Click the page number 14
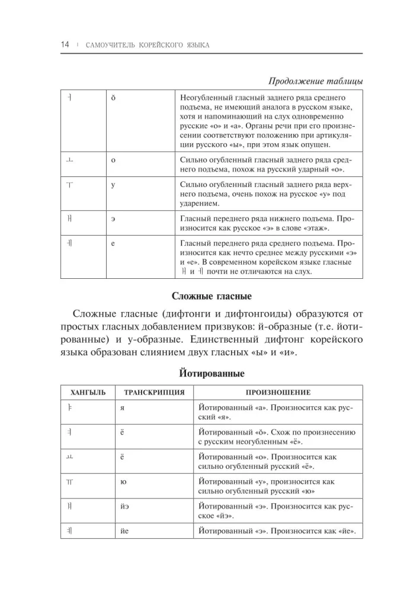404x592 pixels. (x=65, y=45)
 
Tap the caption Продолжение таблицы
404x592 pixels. (x=316, y=81)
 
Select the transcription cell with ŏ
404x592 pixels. (x=113, y=98)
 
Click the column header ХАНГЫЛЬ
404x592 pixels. (x=88, y=392)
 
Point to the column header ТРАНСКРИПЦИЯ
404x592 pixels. (x=154, y=392)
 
